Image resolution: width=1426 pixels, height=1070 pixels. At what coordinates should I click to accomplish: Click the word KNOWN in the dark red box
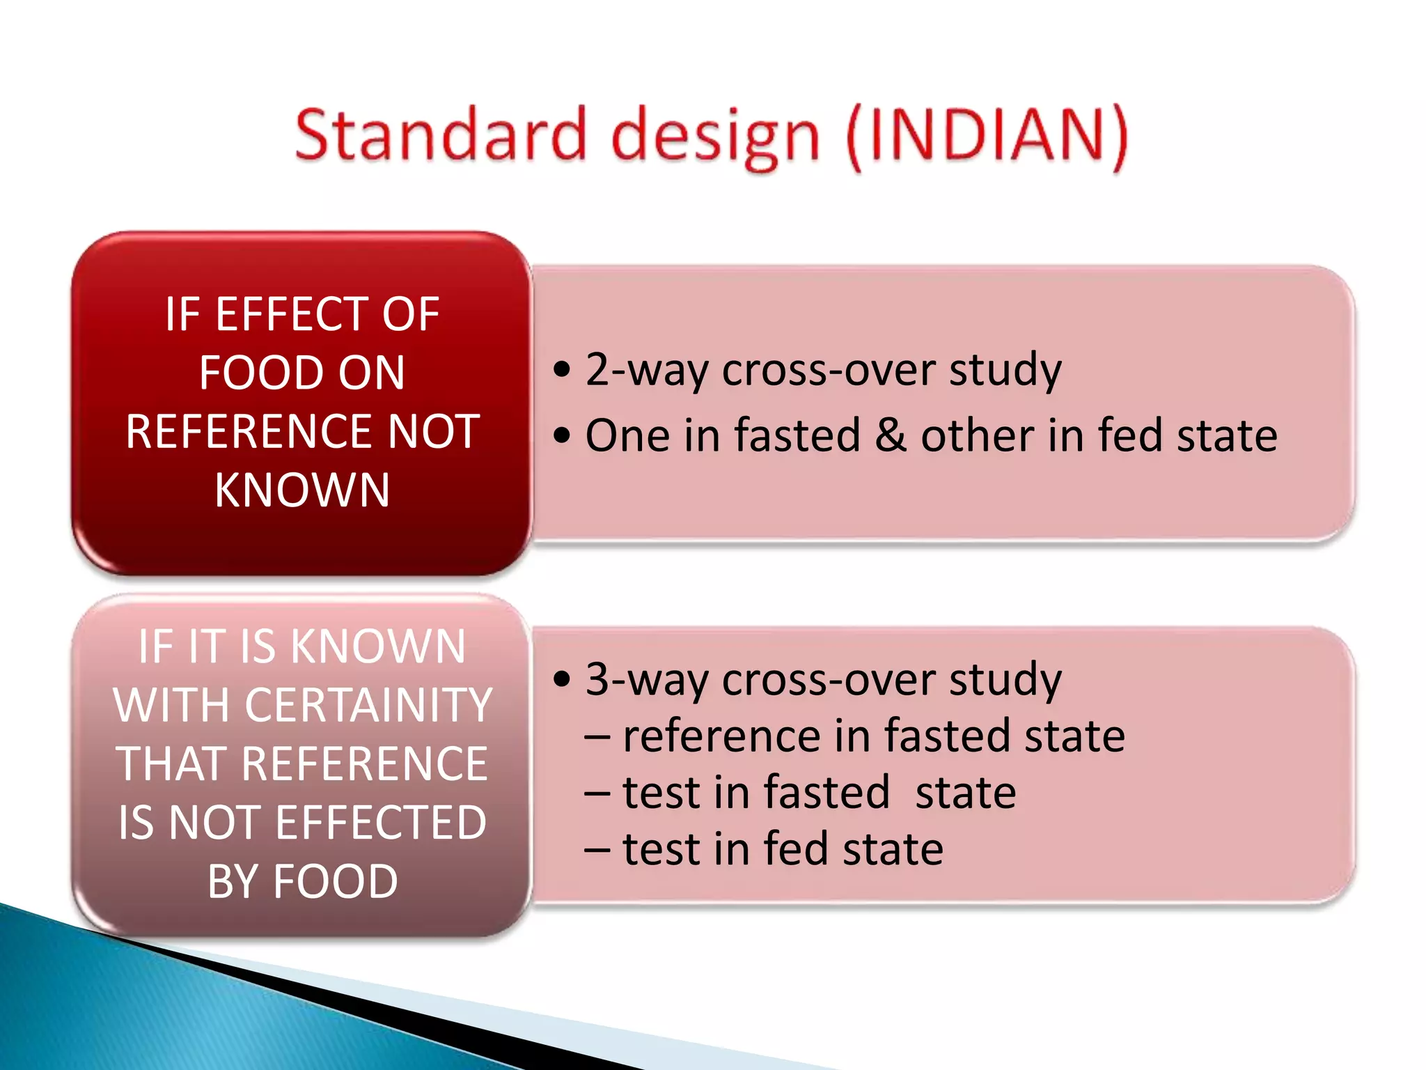302,490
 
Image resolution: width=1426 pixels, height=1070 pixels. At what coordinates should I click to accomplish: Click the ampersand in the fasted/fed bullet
891,436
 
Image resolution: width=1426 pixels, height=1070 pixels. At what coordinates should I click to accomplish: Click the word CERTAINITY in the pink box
369,706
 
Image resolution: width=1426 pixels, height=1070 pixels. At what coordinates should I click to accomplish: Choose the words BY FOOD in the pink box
302,882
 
